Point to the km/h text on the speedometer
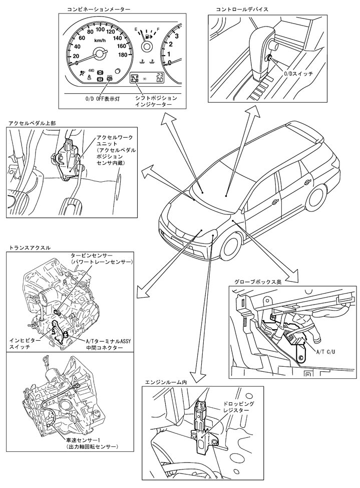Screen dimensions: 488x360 point(99,40)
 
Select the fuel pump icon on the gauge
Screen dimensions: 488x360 point(148,35)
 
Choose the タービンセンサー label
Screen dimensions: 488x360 point(101,259)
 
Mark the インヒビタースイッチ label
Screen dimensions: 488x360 point(28,343)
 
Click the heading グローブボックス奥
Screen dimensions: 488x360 point(257,282)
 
